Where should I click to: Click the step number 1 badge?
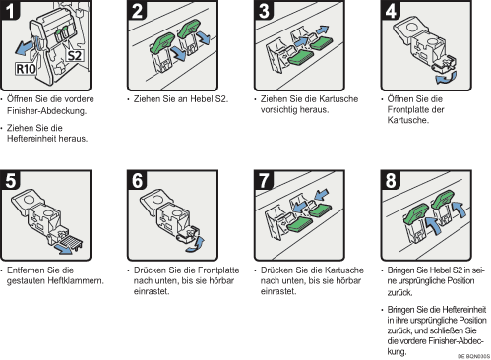(x=10, y=9)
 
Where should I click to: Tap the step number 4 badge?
(x=391, y=9)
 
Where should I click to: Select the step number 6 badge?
(x=137, y=180)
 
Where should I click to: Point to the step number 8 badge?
(x=391, y=180)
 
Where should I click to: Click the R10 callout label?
(x=26, y=69)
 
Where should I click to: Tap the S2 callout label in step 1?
(x=74, y=55)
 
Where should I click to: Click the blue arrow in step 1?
(x=25, y=48)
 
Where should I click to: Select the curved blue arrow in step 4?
(x=446, y=78)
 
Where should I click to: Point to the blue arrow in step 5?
(x=64, y=248)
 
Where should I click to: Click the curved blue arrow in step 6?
(x=196, y=245)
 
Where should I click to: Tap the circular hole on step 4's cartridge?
(x=410, y=27)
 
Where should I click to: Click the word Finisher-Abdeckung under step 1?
(x=47, y=111)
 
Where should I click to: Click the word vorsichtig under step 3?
(x=277, y=110)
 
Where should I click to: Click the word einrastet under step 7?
(x=278, y=291)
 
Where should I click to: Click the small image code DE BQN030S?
(x=473, y=356)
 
